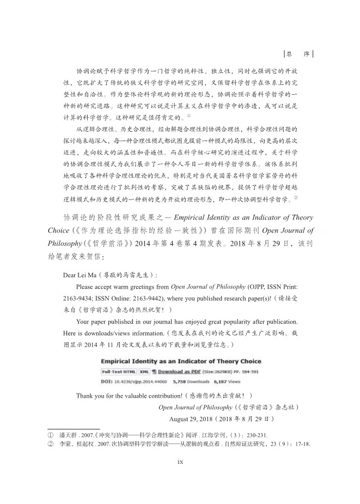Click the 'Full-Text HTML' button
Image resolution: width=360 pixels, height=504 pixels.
point(118,371)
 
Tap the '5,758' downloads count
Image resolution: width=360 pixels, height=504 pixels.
point(180,382)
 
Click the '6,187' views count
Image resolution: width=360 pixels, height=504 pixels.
point(215,382)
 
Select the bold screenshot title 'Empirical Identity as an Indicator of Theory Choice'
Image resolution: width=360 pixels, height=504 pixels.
point(181,361)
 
